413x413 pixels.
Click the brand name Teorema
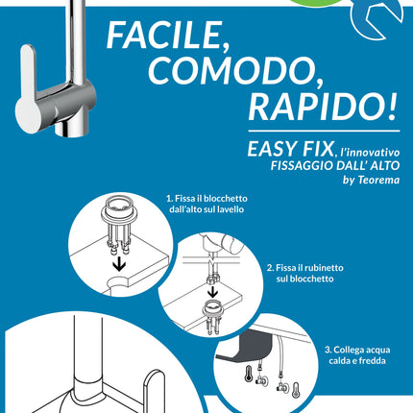click(376, 176)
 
